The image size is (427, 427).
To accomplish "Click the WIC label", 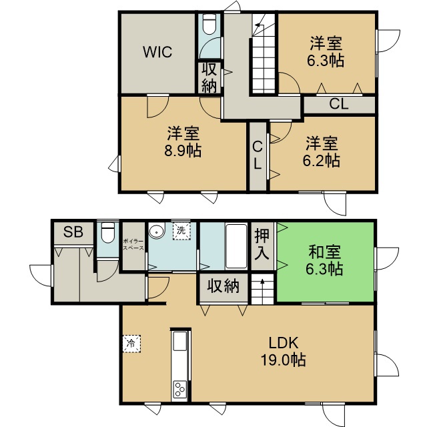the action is (157, 52).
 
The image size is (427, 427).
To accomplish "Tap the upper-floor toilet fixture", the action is (209, 24).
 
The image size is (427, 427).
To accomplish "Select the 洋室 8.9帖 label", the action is (183, 141).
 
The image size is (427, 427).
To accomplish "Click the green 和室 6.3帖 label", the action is (324, 260).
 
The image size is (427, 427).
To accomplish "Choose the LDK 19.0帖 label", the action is (284, 352).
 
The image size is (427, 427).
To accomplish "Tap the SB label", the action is (73, 232).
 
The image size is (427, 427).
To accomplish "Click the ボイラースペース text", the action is (133, 244).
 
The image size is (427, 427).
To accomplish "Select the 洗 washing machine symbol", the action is (181, 231).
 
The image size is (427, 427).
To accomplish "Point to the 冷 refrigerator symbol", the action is (131, 344).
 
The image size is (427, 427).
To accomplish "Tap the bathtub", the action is (236, 246).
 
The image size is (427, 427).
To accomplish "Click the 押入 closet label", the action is (262, 244).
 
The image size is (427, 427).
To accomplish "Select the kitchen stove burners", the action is (180, 390).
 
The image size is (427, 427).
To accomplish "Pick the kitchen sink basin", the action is (180, 341).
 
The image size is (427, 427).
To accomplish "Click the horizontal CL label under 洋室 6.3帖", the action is (338, 104).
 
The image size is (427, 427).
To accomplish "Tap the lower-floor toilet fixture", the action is (107, 232).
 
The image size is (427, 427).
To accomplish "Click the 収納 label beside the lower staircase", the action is (224, 286).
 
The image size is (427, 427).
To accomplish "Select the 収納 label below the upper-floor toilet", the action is (209, 77).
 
